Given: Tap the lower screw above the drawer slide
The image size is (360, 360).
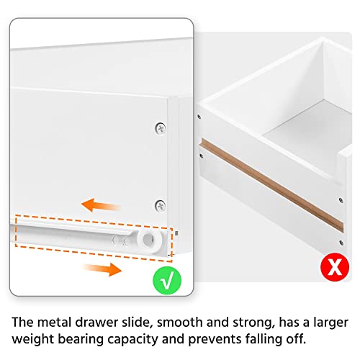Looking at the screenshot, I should click(159, 206).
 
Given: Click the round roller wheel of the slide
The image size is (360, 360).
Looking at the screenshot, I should click(150, 240).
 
